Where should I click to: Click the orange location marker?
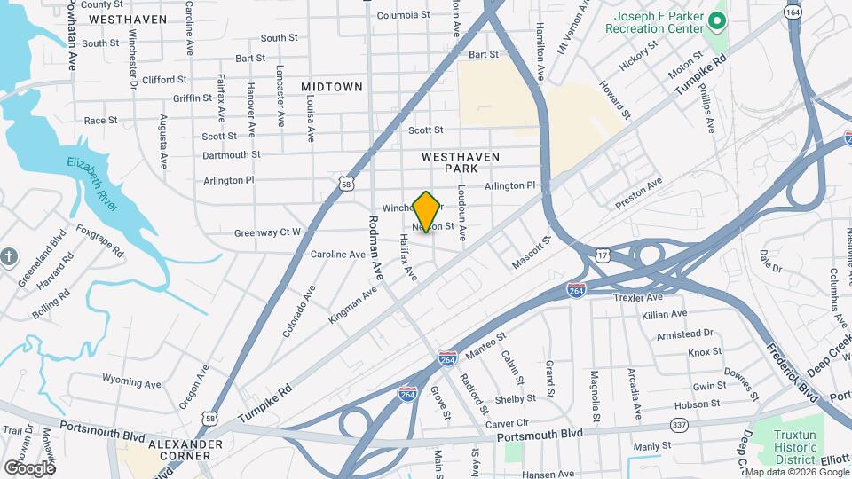[x=427, y=212]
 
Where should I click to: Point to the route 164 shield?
[x=793, y=12]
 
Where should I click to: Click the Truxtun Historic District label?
[x=801, y=446]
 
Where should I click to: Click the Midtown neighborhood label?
[x=332, y=87]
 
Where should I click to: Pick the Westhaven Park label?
[x=461, y=162]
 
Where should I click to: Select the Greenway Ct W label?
[x=267, y=232]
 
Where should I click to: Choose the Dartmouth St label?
[x=231, y=154]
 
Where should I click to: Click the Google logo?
[x=29, y=467]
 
